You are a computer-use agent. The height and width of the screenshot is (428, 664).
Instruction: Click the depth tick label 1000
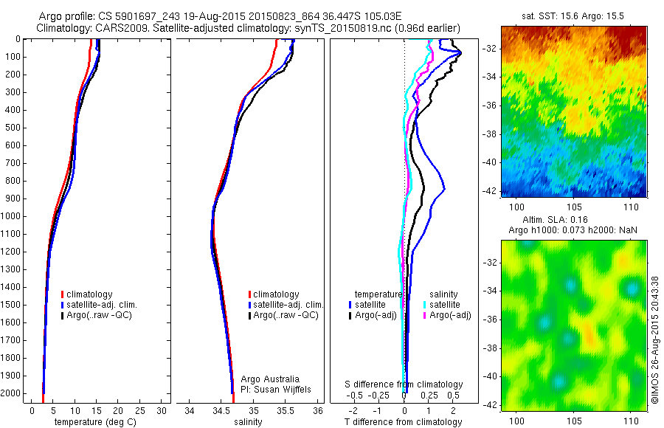[x=12, y=216]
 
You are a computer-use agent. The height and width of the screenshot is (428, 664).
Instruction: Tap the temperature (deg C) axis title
[x=93, y=422]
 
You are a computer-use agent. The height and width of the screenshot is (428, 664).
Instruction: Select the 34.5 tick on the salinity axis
[x=221, y=410]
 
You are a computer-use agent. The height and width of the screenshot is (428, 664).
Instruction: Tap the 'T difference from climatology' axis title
[x=404, y=422]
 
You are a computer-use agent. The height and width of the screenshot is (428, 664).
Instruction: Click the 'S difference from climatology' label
[x=404, y=384]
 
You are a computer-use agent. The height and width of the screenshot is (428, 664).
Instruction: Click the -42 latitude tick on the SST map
[x=489, y=191]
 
